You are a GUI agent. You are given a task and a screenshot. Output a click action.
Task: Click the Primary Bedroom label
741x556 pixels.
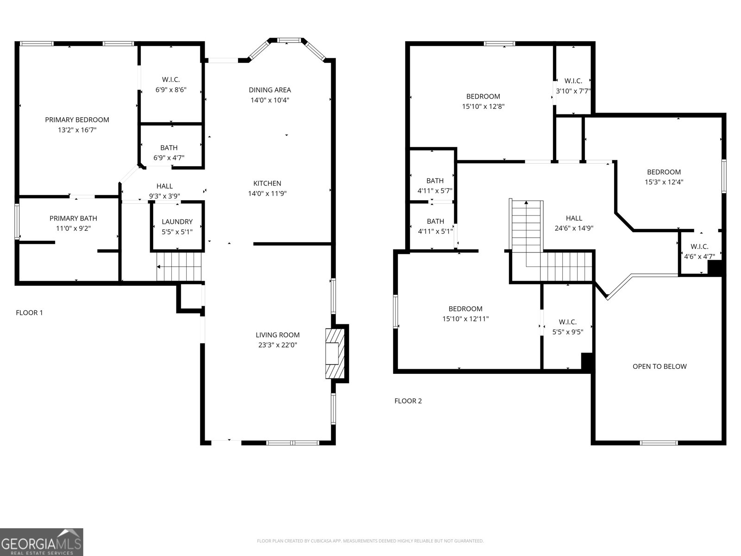[77, 120]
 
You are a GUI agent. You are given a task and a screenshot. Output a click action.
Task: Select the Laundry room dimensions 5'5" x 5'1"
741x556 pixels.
[177, 232]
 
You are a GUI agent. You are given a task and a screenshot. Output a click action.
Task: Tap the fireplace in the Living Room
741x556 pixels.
[334, 354]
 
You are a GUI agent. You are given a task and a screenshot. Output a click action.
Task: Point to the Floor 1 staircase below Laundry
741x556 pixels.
[179, 266]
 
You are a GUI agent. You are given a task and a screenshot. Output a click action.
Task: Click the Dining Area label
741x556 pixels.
[270, 90]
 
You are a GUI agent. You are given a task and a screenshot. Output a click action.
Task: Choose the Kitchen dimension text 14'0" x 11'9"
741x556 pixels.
[267, 194]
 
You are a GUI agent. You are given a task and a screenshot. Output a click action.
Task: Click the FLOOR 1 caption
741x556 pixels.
[29, 313]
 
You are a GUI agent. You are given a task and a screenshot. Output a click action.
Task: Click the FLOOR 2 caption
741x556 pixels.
[408, 401]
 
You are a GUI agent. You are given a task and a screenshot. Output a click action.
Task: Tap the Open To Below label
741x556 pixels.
[659, 366]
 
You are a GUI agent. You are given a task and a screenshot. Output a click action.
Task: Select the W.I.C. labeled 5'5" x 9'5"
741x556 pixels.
[567, 327]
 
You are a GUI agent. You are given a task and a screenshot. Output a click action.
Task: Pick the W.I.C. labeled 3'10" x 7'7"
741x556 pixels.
[573, 86]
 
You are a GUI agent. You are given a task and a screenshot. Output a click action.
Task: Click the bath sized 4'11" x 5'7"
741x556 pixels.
[434, 185]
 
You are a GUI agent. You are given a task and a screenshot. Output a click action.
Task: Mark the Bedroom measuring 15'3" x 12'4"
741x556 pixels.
[664, 177]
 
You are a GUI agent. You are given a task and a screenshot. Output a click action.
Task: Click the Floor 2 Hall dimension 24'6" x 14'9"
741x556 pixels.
[574, 228]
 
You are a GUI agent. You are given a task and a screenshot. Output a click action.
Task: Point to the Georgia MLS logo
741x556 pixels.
[42, 542]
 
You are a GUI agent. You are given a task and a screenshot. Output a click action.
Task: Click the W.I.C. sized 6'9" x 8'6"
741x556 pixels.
[170, 85]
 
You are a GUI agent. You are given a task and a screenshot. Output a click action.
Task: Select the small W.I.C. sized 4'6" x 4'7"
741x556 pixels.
[699, 251]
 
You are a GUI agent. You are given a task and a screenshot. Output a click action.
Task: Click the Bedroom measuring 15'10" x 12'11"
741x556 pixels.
[465, 314]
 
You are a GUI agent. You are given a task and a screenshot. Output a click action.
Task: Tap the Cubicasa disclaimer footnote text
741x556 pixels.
[370, 541]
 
